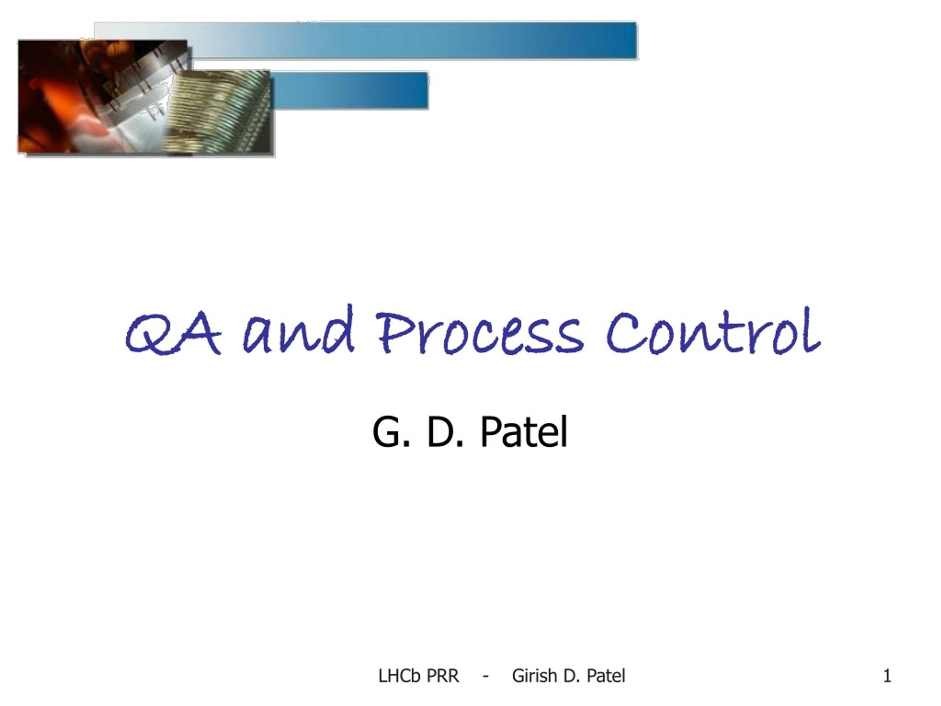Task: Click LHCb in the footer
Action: coord(399,676)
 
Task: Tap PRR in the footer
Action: coord(443,676)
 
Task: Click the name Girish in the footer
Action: coord(534,676)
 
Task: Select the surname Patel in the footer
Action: coord(606,676)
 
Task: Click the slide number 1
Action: coord(887,676)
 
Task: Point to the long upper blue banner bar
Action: coord(413,40)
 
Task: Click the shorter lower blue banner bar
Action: coord(349,90)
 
